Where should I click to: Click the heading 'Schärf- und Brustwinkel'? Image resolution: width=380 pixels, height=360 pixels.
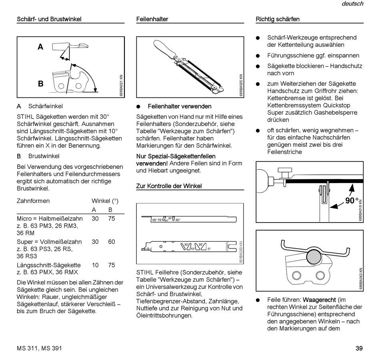[x=49, y=19]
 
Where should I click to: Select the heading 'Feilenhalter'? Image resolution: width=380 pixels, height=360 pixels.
[x=152, y=19]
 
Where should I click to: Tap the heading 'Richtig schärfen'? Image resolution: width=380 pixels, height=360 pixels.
[x=278, y=19]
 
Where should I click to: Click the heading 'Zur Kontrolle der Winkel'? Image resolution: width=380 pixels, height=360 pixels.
[x=169, y=186]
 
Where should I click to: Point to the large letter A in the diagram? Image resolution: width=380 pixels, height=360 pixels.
[x=40, y=47]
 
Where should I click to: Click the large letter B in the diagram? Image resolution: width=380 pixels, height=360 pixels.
[x=40, y=84]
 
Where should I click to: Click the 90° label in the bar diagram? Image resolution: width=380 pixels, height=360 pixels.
[x=351, y=201]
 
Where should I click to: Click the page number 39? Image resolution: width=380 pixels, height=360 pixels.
[x=359, y=348]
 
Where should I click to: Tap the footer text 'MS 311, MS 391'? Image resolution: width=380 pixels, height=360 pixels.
[x=39, y=348]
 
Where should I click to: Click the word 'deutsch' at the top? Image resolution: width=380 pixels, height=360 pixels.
[x=352, y=4]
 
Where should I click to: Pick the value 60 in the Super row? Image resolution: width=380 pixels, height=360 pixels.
[x=111, y=242]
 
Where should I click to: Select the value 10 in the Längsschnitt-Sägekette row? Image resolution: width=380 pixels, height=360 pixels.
[x=95, y=265]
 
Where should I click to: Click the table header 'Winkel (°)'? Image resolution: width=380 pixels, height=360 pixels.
[x=105, y=201]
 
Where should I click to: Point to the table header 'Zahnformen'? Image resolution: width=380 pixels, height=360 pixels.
[x=33, y=201]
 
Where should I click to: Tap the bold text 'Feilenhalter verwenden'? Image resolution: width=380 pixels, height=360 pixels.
[x=179, y=106]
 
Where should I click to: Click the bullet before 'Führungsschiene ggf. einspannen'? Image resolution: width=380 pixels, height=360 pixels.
[x=258, y=56]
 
